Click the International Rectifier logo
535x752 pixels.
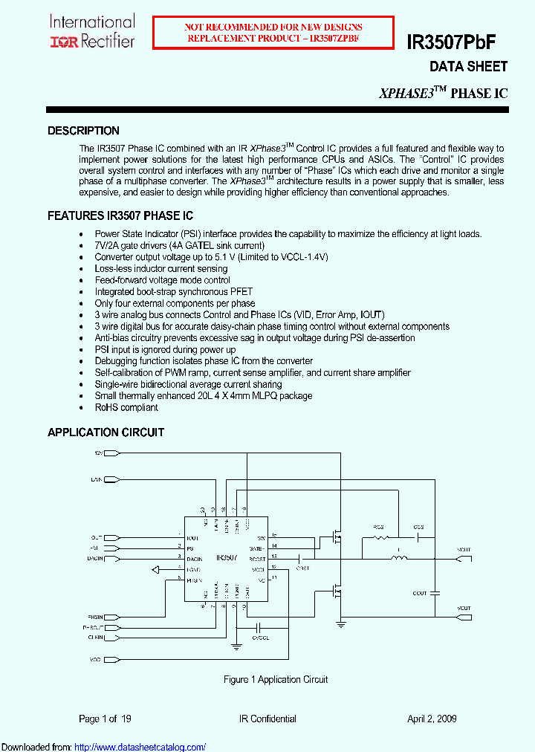pos(92,32)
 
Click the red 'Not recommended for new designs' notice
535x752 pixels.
pos(274,33)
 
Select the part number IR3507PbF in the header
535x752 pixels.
pos(461,42)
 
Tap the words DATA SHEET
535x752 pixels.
pos(468,67)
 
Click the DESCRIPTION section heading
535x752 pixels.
pos(83,131)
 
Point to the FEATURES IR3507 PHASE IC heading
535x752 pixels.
pos(120,216)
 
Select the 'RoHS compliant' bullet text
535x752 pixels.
pos(126,407)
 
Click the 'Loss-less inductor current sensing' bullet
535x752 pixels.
pos(161,268)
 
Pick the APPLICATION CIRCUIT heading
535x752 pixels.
pos(106,432)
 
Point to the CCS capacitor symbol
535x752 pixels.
pos(419,537)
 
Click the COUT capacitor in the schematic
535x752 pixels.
pos(435,593)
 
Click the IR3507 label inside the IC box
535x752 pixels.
pos(227,557)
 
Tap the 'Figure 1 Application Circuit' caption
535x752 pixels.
pos(276,679)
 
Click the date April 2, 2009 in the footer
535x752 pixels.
pos(432,719)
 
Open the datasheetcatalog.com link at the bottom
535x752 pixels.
pos(140,747)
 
